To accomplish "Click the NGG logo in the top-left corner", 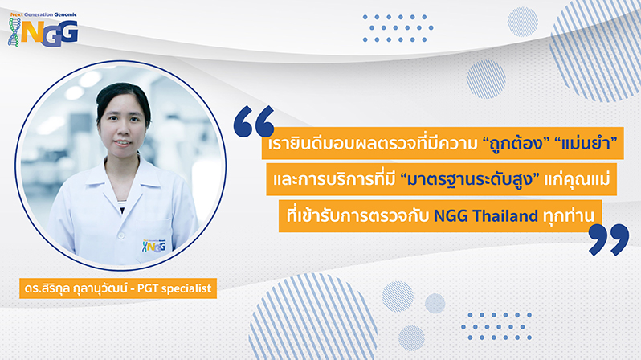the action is (43, 30).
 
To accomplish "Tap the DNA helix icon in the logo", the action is (14, 32).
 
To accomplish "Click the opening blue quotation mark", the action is (254, 121).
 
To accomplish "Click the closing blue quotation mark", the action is (609, 239).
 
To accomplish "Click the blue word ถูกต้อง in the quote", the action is (516, 144).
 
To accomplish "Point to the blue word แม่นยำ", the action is (585, 143).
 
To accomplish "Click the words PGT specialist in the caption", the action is (174, 288).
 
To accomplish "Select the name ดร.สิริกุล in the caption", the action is (47, 288).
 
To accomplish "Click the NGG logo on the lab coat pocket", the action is (154, 245).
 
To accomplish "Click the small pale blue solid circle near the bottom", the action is (435, 304).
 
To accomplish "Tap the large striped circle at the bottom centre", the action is (312, 317).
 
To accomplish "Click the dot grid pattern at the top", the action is (398, 28).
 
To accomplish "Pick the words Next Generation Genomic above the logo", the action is (43, 14).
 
